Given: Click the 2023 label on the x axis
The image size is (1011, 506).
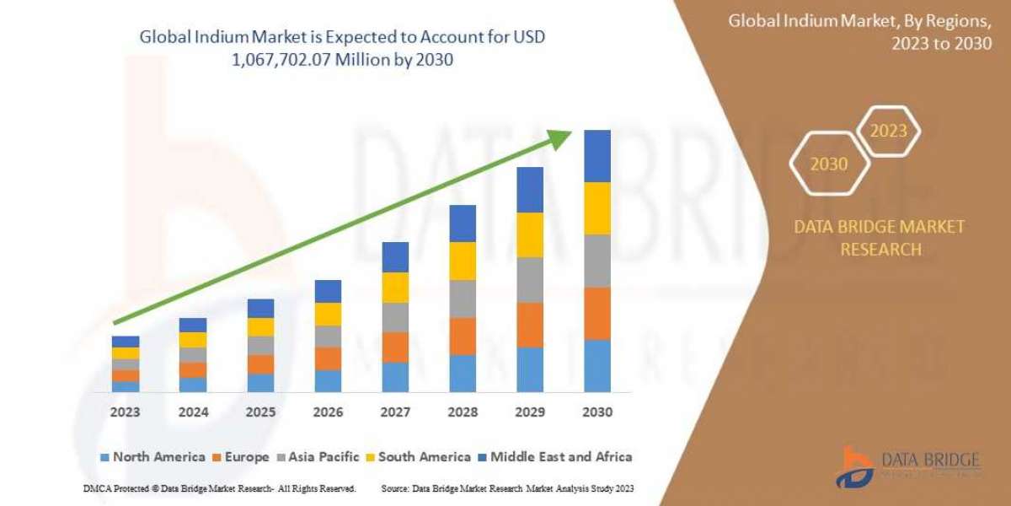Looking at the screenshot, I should pyautogui.click(x=126, y=412).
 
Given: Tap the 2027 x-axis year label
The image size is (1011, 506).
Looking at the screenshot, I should pyautogui.click(x=395, y=412).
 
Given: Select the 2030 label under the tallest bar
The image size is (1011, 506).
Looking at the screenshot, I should pyautogui.click(x=596, y=412).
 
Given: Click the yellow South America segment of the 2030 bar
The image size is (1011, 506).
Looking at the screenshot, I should pyautogui.click(x=596, y=208).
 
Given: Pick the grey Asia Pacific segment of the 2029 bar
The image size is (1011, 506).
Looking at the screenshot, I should pyautogui.click(x=530, y=280).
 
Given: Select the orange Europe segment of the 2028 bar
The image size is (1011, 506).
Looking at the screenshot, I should pyautogui.click(x=463, y=336).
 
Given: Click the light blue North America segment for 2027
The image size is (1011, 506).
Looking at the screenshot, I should pyautogui.click(x=395, y=377).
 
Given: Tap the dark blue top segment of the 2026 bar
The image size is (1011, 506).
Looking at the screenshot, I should pyautogui.click(x=328, y=291).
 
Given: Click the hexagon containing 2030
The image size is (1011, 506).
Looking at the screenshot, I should pyautogui.click(x=829, y=164).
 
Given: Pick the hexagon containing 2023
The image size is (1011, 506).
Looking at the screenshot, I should pyautogui.click(x=888, y=131).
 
